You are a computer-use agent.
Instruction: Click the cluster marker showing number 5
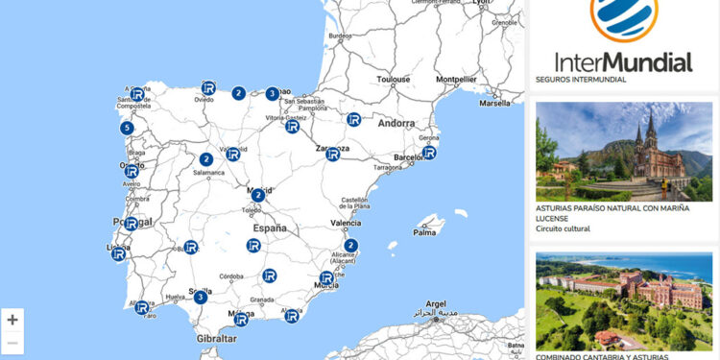tap(127, 128)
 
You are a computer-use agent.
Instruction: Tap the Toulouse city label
tap(394, 80)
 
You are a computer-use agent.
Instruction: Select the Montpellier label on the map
tap(457, 80)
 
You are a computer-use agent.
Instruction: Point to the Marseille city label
tap(495, 103)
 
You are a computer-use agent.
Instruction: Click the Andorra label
tap(396, 124)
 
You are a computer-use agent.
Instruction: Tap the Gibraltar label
tap(216, 339)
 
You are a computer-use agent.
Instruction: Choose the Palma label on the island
tap(424, 231)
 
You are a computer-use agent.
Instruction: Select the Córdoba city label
tap(231, 276)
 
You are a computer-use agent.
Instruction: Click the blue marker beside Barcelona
tap(429, 152)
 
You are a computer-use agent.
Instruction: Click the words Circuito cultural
tap(563, 228)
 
